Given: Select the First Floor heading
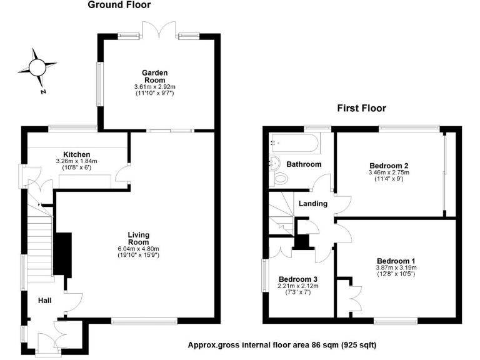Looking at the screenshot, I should [x=361, y=108].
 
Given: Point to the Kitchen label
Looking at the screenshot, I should [x=76, y=154].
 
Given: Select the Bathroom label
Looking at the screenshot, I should [x=304, y=164].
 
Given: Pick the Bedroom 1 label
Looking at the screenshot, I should [x=396, y=261].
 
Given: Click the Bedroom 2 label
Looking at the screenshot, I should [x=389, y=166].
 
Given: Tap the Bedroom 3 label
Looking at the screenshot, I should [x=298, y=279].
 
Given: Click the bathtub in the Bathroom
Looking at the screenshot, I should [x=294, y=143].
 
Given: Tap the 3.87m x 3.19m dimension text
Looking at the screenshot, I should [x=396, y=268].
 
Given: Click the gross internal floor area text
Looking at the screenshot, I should [x=282, y=344].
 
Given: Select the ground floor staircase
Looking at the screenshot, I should [x=39, y=238].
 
